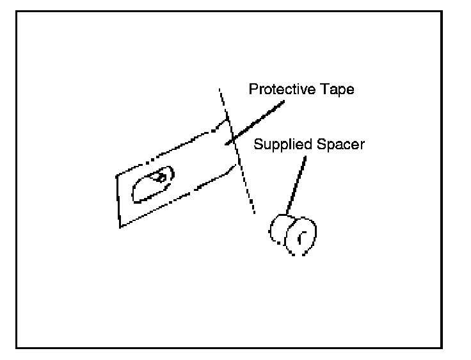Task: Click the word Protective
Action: click(280, 90)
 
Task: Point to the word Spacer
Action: click(342, 144)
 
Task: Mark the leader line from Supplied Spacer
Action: click(297, 183)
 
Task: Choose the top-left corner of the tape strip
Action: click(116, 174)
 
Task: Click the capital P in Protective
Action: click(253, 89)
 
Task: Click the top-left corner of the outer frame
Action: click(17, 11)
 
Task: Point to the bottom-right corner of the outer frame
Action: click(442, 347)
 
